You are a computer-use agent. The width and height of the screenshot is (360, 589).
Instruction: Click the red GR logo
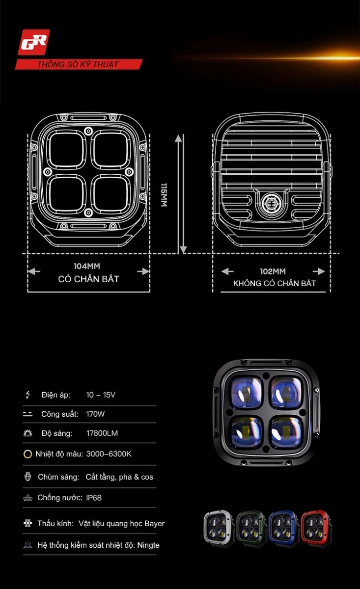34,42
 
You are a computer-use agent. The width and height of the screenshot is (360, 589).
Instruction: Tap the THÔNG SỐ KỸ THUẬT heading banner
79,64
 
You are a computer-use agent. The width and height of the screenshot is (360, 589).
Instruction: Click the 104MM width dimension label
87,266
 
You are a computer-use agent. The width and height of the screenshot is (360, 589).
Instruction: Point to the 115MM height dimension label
164,195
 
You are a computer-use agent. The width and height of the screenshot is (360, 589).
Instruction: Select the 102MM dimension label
273,271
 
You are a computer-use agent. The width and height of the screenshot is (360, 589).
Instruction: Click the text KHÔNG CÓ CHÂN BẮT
274,283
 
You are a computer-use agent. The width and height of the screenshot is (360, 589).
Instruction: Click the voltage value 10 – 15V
101,395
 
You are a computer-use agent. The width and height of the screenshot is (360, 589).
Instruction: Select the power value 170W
95,414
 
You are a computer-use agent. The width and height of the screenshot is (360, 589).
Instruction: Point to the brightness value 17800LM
102,433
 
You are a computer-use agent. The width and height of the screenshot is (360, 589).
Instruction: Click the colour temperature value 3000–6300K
109,454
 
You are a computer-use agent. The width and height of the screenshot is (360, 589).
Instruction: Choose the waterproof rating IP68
94,498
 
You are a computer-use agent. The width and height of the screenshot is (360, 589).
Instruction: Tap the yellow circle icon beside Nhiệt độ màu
28,454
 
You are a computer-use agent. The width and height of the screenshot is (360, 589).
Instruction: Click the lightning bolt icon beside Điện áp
28,395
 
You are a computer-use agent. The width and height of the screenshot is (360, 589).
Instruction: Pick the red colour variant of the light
316,528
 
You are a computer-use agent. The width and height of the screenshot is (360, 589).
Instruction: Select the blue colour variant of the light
284,528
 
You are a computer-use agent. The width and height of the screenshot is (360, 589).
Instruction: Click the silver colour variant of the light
219,528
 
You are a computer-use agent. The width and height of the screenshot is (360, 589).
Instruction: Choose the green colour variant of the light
251,528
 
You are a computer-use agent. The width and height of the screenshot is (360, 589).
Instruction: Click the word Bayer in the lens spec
155,524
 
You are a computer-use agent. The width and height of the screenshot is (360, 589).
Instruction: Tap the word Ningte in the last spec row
148,545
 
